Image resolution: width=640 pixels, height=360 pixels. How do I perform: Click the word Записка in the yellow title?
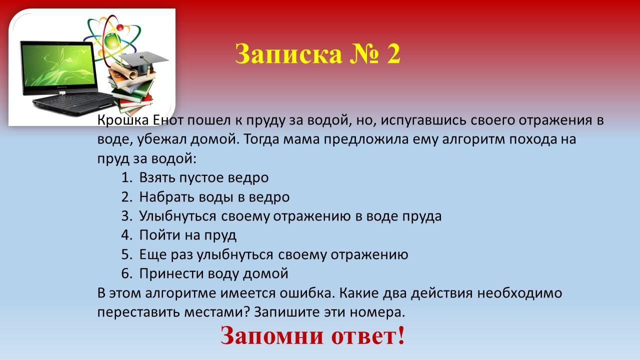(288, 54)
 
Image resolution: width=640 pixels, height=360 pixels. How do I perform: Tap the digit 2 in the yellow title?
(393, 54)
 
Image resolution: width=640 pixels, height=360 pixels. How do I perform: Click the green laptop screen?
(58, 65)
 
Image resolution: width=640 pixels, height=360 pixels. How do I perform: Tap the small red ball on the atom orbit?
(120, 27)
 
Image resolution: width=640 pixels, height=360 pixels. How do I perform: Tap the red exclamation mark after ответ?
(401, 335)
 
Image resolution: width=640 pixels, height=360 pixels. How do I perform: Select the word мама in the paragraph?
(301, 140)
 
